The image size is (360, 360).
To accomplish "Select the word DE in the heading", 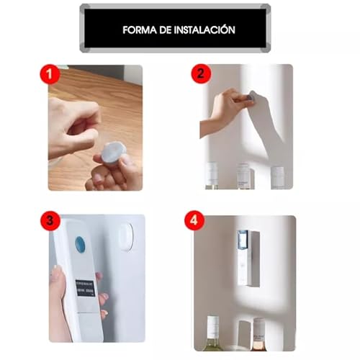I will click(x=168, y=31).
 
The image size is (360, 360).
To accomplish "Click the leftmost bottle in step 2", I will click(x=212, y=176).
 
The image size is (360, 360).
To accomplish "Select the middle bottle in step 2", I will click(x=243, y=176).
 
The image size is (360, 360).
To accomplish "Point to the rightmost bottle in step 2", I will click(x=277, y=178).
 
